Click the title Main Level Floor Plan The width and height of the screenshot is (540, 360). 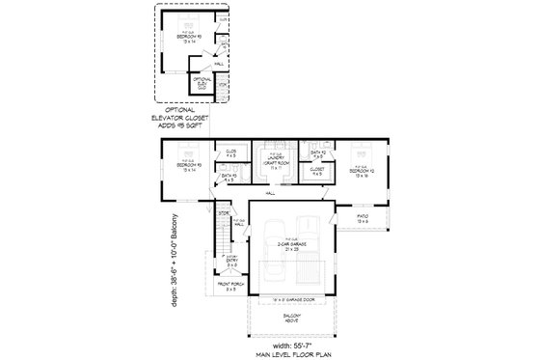[292, 353]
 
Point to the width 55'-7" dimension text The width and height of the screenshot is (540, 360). [292, 344]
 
